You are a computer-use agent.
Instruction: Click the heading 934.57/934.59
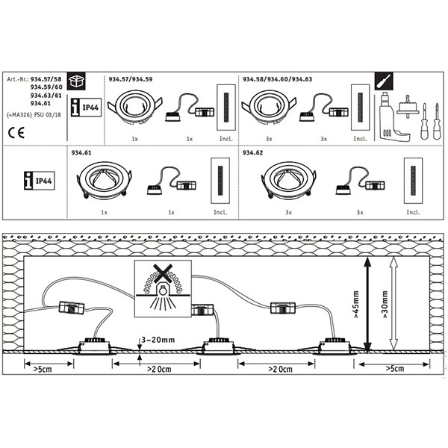click(x=131, y=78)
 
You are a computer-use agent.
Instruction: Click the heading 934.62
click(x=253, y=153)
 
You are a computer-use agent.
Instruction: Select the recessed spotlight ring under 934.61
click(x=105, y=182)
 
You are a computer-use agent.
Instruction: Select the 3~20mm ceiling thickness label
click(x=158, y=340)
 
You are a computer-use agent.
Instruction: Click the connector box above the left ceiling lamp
click(x=71, y=308)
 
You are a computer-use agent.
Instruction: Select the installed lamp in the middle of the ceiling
click(x=218, y=345)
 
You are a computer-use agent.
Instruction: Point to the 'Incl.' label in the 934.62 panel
click(x=412, y=214)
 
